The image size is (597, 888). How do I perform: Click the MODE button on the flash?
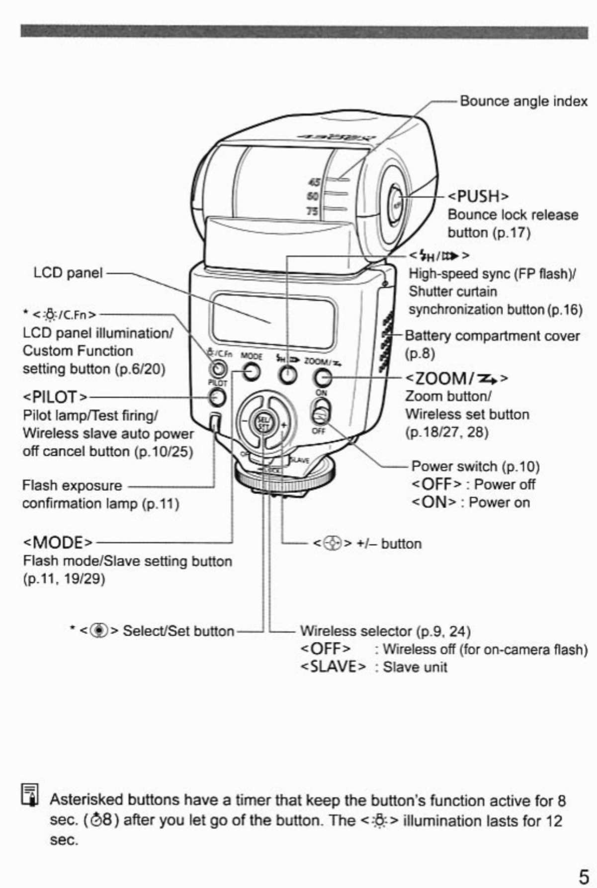click(x=252, y=372)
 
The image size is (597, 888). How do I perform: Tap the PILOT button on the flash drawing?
click(x=217, y=397)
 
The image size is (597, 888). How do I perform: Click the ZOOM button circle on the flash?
click(x=322, y=378)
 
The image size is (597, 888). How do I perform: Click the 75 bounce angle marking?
click(x=312, y=211)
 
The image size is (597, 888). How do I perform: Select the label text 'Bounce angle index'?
click(x=523, y=101)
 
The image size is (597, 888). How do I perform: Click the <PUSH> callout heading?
click(x=478, y=196)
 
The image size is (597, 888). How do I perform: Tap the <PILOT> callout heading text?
click(x=55, y=397)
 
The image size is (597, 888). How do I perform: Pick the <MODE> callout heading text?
click(x=58, y=542)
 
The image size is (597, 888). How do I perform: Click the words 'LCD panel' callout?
click(x=68, y=273)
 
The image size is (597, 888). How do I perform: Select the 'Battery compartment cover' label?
click(x=492, y=336)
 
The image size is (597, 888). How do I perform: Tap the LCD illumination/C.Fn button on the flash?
click(x=217, y=369)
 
